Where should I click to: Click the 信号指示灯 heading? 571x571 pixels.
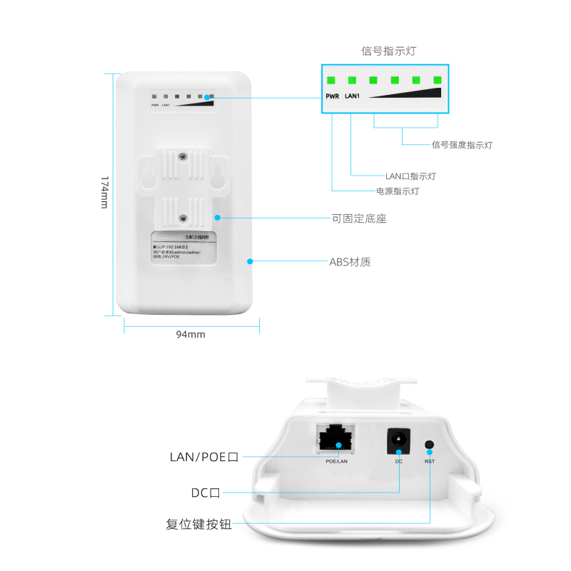click(388, 51)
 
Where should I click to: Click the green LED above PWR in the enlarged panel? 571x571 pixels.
click(331, 80)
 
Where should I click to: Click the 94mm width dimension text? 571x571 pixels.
click(191, 334)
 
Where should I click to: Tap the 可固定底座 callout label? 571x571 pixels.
click(359, 218)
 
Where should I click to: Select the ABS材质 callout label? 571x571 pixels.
click(350, 262)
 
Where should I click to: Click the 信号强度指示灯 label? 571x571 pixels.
click(462, 145)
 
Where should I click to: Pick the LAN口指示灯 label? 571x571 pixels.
click(410, 176)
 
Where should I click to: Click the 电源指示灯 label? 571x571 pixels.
click(398, 191)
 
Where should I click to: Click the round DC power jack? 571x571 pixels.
click(398, 440)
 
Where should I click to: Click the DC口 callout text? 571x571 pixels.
click(206, 492)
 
